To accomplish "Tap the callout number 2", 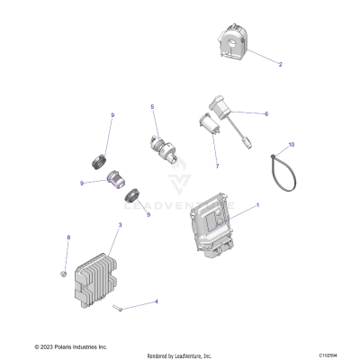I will [280, 65].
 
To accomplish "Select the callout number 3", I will [121, 225].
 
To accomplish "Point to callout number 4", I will [157, 301].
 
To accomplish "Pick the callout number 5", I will [152, 107].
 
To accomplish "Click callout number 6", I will [266, 114].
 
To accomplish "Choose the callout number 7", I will [216, 166].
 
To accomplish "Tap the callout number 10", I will [291, 144].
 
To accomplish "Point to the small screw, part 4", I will [120, 308].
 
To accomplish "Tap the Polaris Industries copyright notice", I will [71, 346].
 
